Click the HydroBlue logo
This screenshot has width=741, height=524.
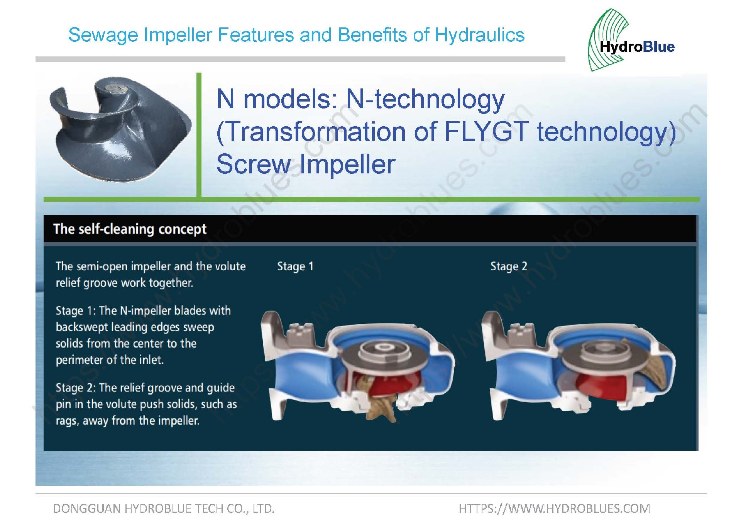(x=632, y=41)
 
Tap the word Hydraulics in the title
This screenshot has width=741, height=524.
(x=480, y=35)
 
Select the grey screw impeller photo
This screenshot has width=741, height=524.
(x=120, y=129)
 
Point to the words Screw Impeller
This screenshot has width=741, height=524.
(x=306, y=164)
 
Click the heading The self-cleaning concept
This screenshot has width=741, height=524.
(x=130, y=229)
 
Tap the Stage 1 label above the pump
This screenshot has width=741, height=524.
(x=295, y=266)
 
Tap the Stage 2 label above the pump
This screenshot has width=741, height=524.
(x=509, y=266)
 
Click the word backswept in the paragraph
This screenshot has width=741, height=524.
(x=82, y=327)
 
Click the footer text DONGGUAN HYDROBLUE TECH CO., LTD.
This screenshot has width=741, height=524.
(x=164, y=509)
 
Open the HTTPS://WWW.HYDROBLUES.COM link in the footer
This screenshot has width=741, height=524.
(x=554, y=509)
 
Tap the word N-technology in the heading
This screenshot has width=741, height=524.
(x=425, y=99)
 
